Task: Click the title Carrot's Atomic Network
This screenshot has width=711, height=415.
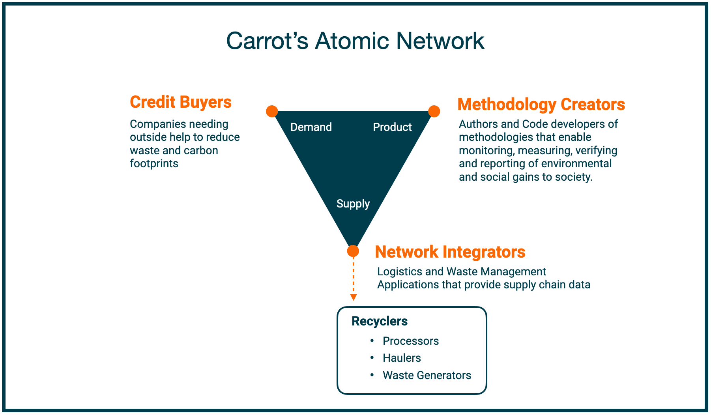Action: click(x=355, y=41)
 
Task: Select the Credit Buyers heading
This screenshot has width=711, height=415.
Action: click(x=181, y=102)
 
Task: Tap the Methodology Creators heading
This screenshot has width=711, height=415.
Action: click(x=541, y=105)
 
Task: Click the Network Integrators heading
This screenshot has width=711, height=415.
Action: click(x=450, y=252)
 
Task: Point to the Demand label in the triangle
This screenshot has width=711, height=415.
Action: click(x=311, y=127)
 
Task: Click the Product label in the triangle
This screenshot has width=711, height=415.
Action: click(x=392, y=127)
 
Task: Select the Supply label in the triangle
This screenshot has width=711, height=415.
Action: click(x=353, y=204)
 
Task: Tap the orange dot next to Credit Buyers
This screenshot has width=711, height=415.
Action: click(x=272, y=111)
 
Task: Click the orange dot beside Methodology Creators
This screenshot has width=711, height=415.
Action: click(x=434, y=111)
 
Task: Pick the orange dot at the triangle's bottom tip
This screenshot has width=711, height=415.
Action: click(x=353, y=251)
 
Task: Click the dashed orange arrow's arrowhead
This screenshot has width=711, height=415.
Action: click(x=354, y=297)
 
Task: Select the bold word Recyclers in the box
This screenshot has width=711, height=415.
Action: click(x=379, y=321)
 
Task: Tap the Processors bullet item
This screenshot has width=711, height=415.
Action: click(x=410, y=341)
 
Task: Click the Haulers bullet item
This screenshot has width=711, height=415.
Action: click(x=402, y=358)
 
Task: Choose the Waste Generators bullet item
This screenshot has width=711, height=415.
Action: click(x=427, y=375)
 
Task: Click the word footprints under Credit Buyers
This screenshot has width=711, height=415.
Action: click(x=154, y=163)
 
